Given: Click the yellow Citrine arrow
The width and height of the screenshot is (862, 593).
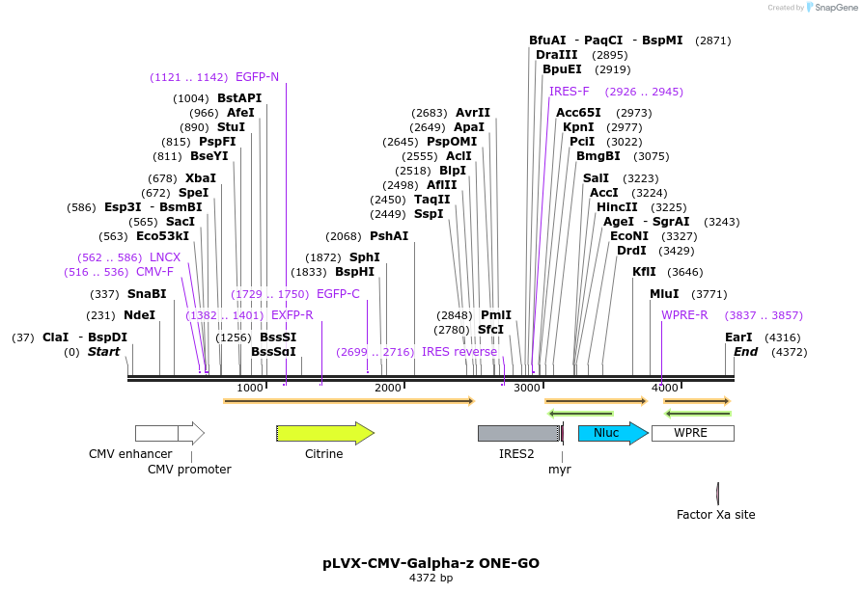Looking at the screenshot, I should pos(324,433).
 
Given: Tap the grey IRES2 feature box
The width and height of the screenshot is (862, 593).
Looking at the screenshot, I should pos(517,433).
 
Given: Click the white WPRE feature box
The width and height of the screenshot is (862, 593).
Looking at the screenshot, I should pos(691,433).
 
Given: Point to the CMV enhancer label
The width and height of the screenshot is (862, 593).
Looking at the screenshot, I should pos(130,454).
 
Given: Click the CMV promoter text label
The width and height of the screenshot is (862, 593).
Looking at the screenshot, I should pos(189,470).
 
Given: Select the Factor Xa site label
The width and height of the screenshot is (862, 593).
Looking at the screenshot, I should pos(715,515).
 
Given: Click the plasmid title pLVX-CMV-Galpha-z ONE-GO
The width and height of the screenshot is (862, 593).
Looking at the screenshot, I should pos(431,562).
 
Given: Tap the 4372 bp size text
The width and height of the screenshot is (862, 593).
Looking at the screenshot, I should pos(431,578).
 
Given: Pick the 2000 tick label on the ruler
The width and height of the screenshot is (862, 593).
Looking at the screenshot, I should pos(388,388).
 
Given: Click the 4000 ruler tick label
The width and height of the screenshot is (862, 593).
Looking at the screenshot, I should pos(664,388).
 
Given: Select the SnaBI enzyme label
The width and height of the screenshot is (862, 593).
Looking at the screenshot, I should pos(147,294).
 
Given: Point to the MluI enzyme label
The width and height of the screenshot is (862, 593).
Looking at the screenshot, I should pos(664,294).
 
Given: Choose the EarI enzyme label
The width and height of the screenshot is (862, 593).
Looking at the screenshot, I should pos(738,337).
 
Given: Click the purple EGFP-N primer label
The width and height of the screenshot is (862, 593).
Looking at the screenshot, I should pos(257,77).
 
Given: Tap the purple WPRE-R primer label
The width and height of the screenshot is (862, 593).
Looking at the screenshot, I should pos(684,315).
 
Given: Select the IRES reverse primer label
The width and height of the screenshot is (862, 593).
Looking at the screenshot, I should pos(459,352).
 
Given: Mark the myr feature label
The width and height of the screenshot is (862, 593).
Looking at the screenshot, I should pos(560,470).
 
